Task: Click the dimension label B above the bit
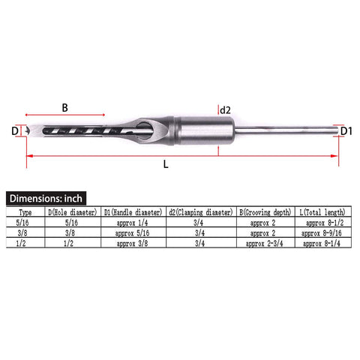(x=64, y=107)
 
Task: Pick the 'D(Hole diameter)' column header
(x=72, y=212)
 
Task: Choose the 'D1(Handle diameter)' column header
(x=133, y=212)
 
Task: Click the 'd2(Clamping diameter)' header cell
(x=199, y=212)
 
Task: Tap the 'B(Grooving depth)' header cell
(x=266, y=212)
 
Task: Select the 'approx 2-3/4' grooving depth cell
(x=266, y=244)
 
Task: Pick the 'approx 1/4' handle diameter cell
(x=133, y=223)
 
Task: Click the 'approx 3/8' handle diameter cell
(x=133, y=244)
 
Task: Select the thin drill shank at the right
(x=285, y=130)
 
